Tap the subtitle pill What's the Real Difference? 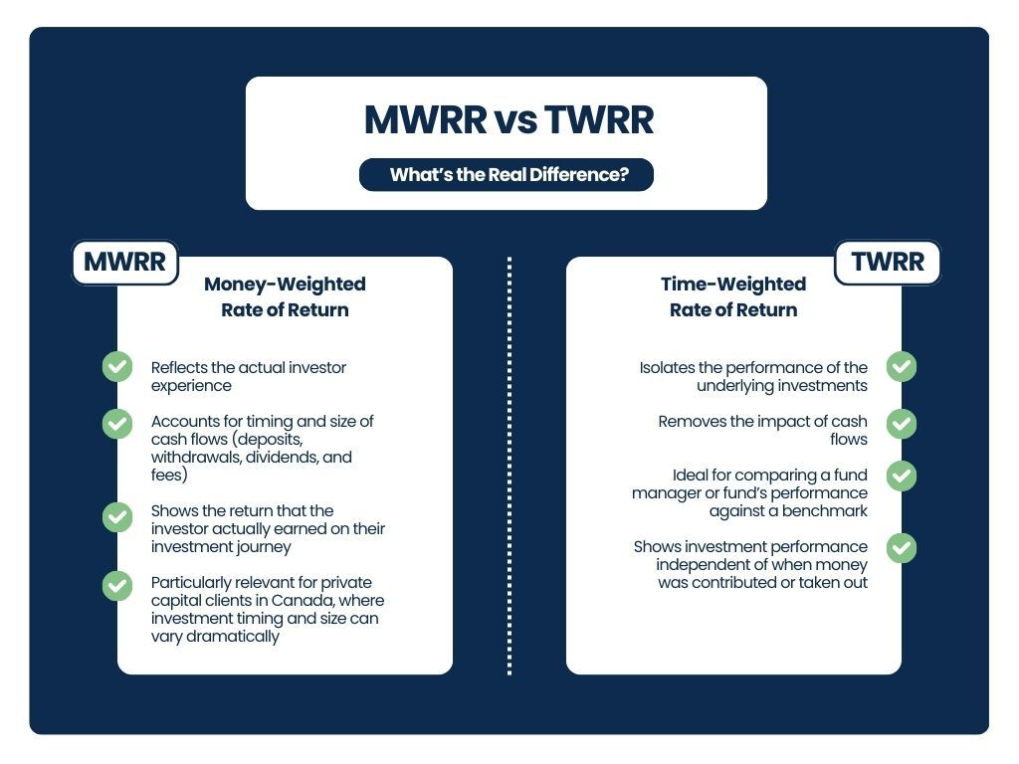[508, 175]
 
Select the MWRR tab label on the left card [124, 263]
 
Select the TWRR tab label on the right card [887, 263]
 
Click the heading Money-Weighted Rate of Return [285, 296]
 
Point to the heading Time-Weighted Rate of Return [733, 296]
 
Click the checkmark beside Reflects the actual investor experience [117, 366]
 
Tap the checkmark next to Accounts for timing [117, 423]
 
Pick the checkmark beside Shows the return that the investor [117, 517]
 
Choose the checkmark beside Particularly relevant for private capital [117, 585]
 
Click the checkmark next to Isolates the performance [902, 366]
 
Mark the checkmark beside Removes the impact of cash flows [902, 423]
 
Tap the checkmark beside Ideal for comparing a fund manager [902, 476]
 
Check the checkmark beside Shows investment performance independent [902, 547]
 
